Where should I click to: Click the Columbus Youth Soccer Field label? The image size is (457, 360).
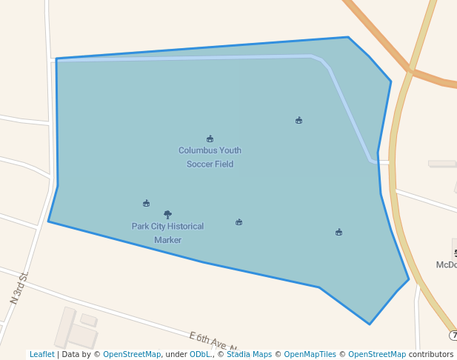point(210,157)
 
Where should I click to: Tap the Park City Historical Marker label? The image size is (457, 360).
point(167,233)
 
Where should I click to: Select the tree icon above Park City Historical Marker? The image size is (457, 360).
point(167,214)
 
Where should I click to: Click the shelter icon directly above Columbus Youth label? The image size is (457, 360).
point(210,139)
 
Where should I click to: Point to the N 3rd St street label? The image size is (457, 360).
point(19,289)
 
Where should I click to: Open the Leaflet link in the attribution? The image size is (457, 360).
point(42,355)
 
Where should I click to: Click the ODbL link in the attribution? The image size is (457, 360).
point(199,355)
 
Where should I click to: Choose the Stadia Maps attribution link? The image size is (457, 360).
point(249,355)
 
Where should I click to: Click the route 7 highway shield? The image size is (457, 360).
point(453,336)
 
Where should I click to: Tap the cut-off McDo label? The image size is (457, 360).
point(447,264)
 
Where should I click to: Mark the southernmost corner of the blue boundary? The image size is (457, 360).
point(370,324)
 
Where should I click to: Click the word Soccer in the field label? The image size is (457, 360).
point(199,164)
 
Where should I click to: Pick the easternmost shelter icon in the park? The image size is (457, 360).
point(338,233)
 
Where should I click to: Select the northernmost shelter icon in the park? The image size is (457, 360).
point(298,120)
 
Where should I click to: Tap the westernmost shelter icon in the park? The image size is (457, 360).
point(146,203)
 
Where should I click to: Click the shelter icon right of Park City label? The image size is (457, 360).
point(238,222)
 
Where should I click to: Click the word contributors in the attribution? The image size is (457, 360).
point(431,355)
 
